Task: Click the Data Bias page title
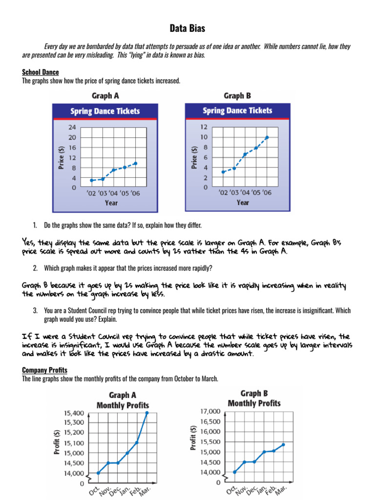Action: [187, 29]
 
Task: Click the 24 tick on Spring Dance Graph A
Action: [72, 126]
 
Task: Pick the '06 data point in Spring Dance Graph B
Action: [267, 137]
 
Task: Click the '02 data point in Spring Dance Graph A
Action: [91, 180]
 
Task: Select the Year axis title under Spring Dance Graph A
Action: [111, 203]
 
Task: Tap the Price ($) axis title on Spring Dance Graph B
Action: [194, 157]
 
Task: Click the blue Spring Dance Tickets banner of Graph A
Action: [105, 111]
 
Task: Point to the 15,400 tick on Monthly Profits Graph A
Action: [74, 413]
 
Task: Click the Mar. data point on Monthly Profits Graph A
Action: [147, 413]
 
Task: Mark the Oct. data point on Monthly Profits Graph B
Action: [235, 472]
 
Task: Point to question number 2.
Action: [35, 268]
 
